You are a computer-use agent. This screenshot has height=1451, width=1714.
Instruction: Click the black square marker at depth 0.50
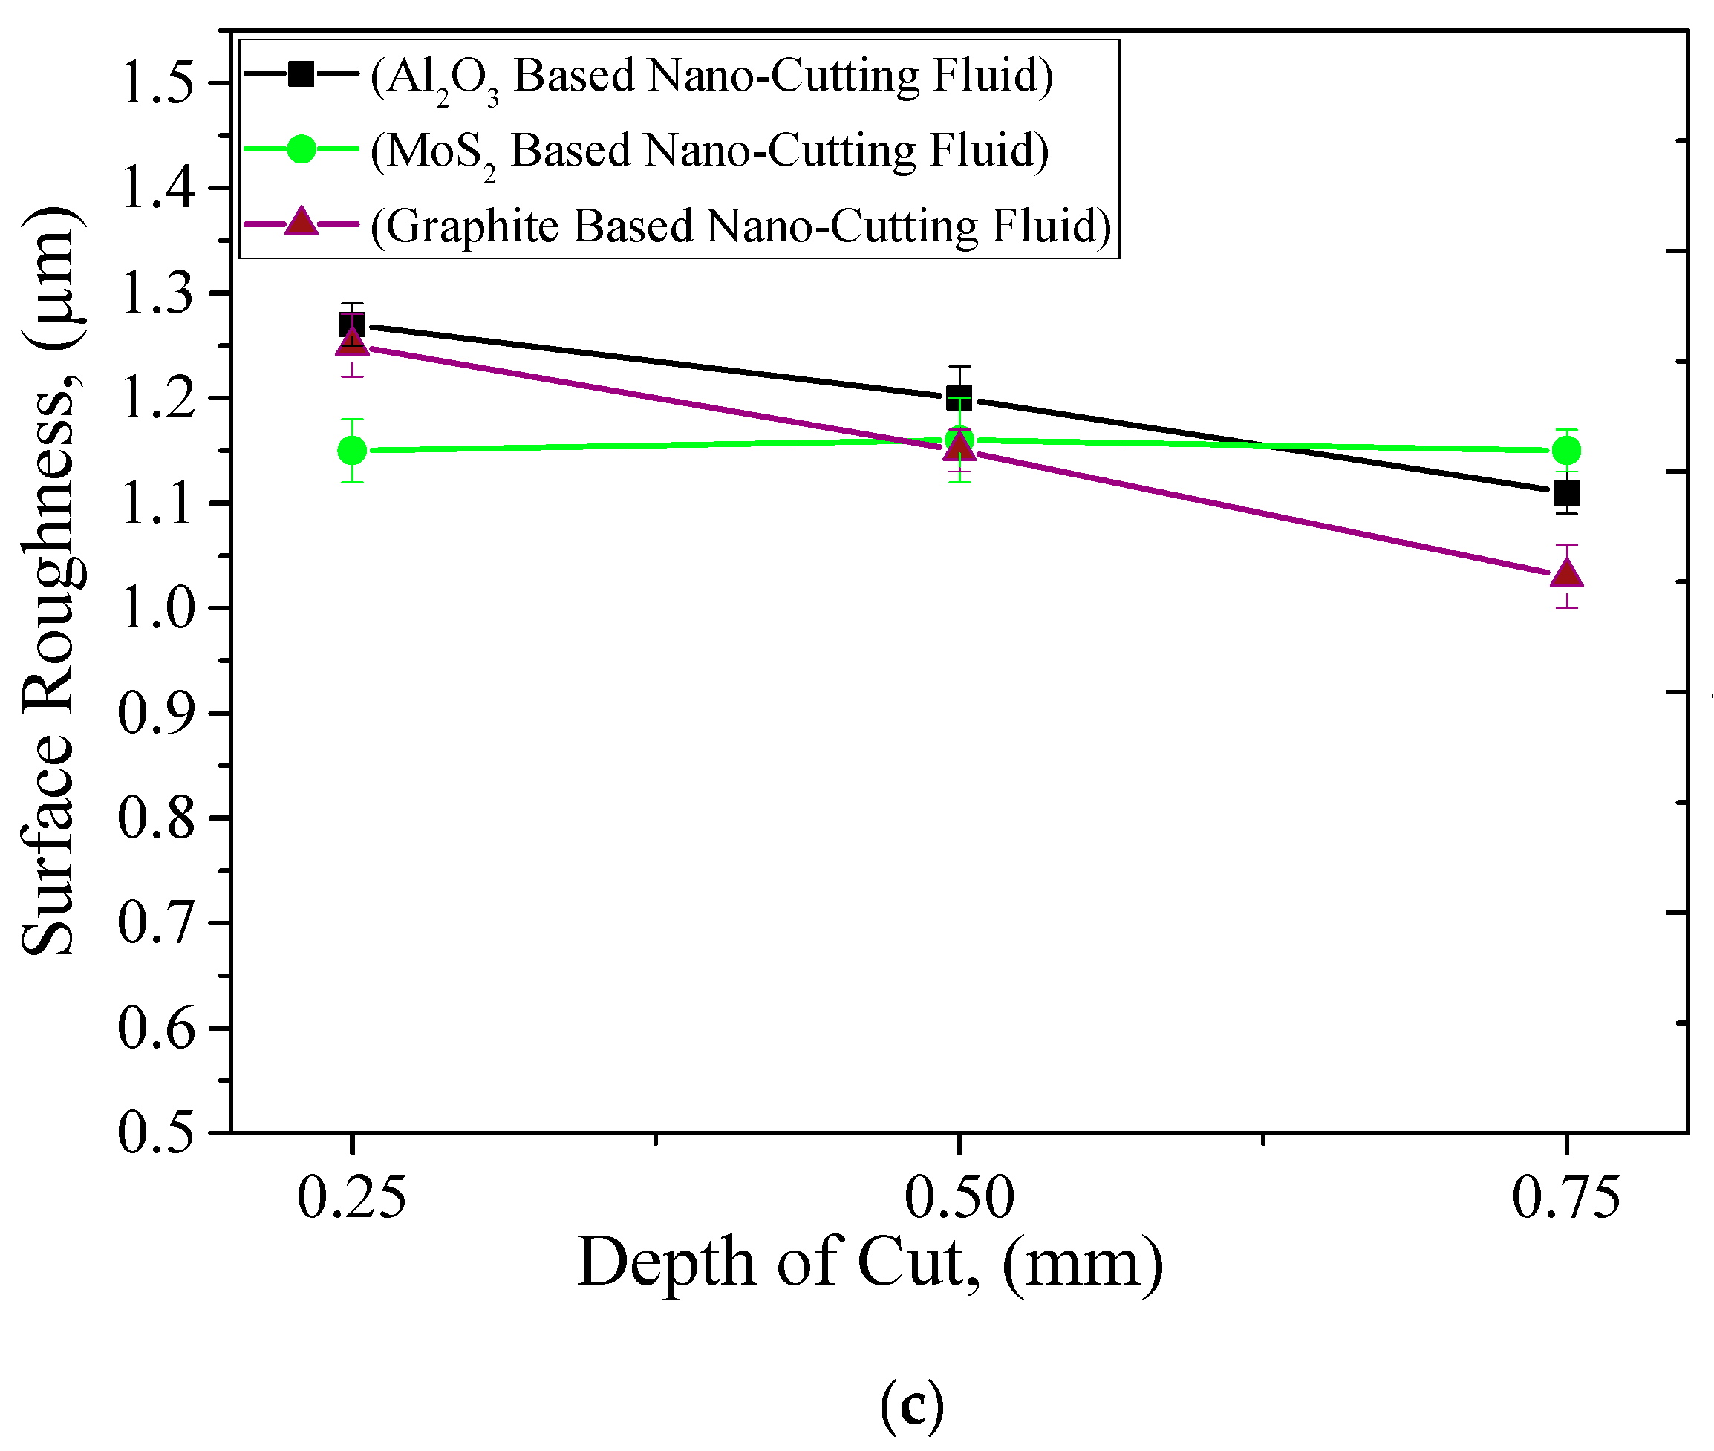tap(958, 398)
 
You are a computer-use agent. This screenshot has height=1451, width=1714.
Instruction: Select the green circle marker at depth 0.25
tap(352, 450)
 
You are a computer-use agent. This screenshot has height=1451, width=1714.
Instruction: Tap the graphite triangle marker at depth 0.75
tap(1566, 573)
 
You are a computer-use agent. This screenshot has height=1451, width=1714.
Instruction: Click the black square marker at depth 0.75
tap(1566, 494)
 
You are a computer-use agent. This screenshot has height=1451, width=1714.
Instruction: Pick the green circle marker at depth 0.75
tap(1566, 450)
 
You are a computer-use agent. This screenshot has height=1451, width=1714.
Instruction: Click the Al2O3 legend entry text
tap(711, 76)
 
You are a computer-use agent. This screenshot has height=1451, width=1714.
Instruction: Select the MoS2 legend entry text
tap(709, 151)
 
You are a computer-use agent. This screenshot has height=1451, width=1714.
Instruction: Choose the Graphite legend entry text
tap(740, 226)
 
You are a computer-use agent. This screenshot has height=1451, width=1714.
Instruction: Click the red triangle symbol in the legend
tap(301, 222)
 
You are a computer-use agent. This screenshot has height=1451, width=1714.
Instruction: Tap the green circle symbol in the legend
tap(301, 149)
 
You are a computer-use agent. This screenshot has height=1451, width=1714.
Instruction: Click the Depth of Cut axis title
tap(870, 1263)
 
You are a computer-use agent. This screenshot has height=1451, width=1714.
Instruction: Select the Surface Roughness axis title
tap(51, 581)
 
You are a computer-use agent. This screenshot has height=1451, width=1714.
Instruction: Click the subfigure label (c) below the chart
tap(911, 1406)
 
